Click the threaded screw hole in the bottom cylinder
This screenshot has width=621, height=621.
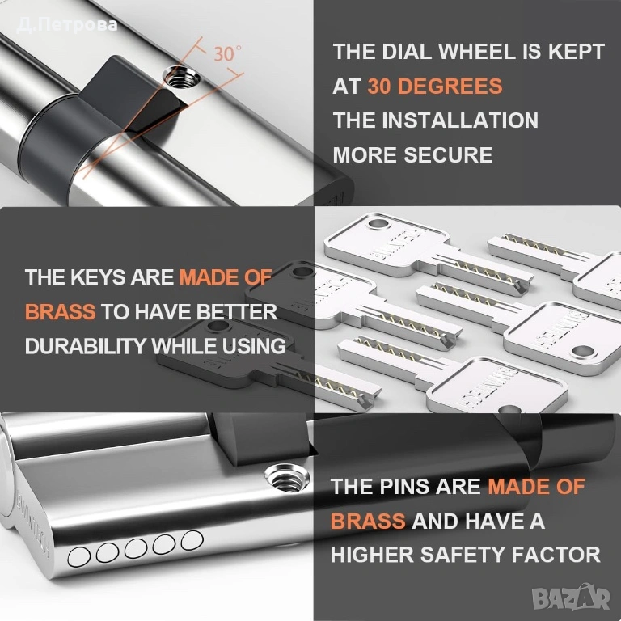pos(287,478)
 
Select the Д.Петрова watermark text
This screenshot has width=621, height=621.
pos(67,25)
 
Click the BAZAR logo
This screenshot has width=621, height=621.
pos(571,598)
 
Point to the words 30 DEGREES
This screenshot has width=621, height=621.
pos(435,86)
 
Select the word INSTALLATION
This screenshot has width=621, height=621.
pos(460,120)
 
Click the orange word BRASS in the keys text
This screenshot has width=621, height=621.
pos(60,312)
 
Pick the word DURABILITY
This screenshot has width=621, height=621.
pos(86,346)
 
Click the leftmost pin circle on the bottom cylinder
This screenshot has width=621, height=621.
pos(78,557)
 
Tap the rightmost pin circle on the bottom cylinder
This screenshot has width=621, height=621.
pos(192,540)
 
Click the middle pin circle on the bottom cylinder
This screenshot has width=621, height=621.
pos(136,548)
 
